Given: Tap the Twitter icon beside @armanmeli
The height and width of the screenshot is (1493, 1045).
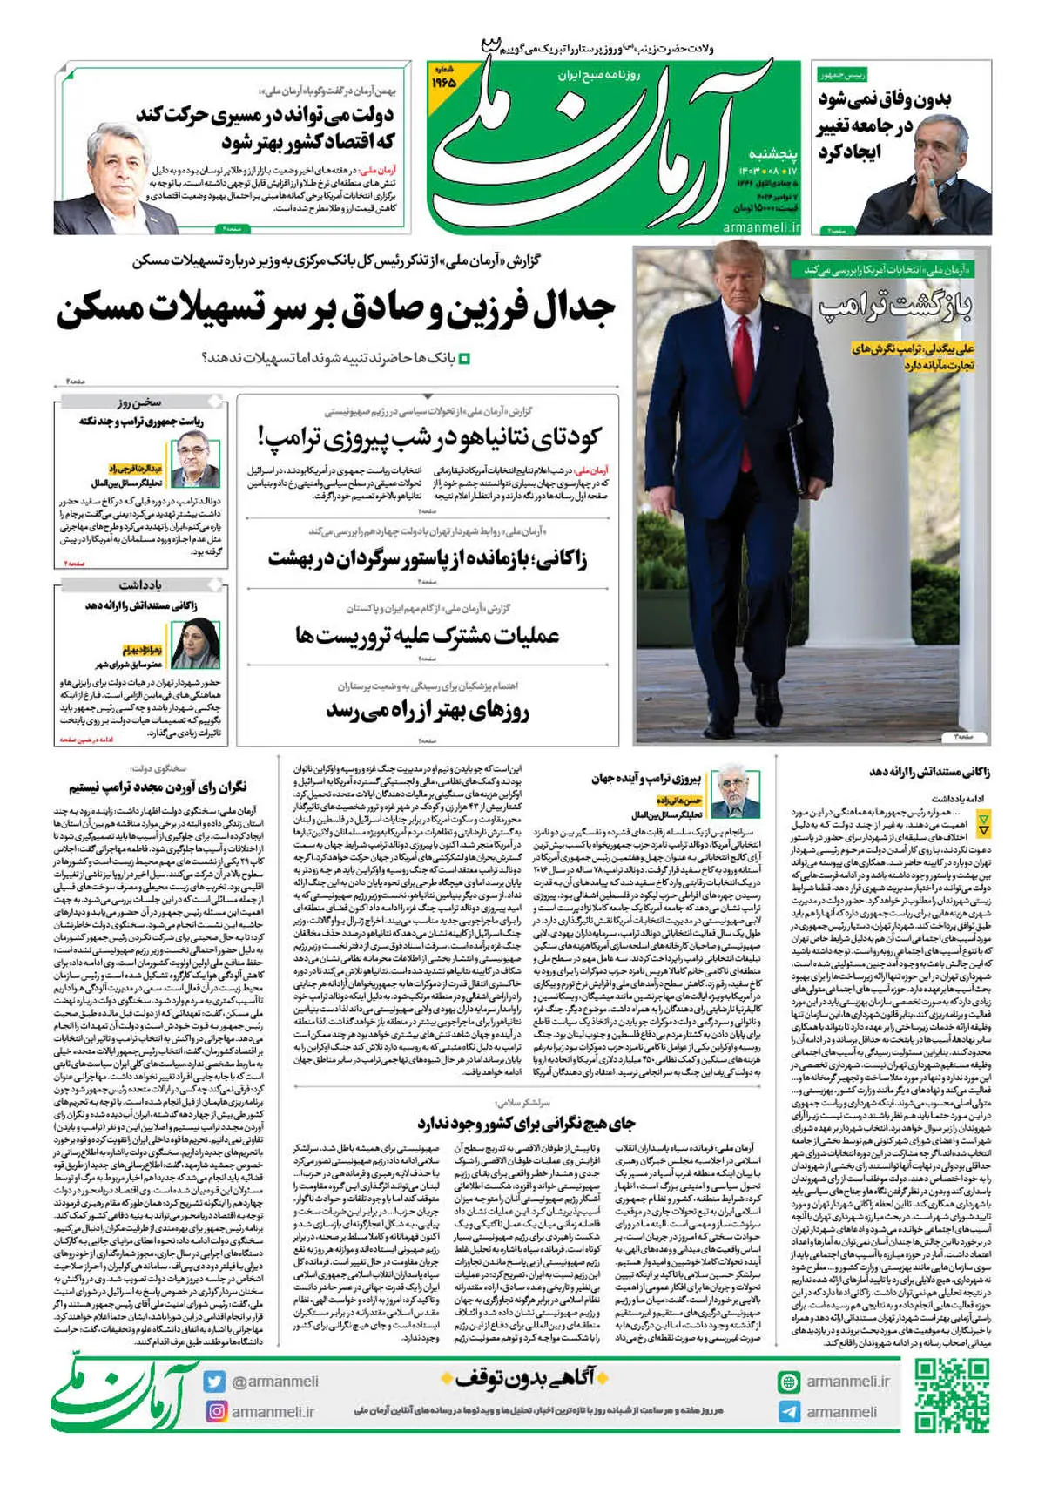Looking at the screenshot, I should click(x=214, y=1382).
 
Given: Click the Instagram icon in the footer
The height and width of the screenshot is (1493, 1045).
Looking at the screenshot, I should click(x=214, y=1411).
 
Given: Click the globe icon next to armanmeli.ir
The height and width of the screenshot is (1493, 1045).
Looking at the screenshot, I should click(x=789, y=1382).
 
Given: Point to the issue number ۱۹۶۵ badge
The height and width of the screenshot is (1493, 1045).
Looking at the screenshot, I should click(x=445, y=79).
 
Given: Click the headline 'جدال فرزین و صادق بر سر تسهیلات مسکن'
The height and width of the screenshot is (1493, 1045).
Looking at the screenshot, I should click(x=336, y=309).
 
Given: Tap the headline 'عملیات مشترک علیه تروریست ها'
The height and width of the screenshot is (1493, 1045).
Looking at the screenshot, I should click(x=427, y=635).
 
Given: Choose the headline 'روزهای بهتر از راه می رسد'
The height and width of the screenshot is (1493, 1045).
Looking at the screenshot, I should click(x=428, y=712).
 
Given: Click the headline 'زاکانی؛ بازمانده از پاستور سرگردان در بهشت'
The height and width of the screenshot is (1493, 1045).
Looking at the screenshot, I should click(x=427, y=558).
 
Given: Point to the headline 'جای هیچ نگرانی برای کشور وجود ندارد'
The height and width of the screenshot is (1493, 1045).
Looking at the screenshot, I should click(x=525, y=1123).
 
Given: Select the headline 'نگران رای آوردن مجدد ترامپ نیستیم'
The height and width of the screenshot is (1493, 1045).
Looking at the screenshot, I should click(x=158, y=787).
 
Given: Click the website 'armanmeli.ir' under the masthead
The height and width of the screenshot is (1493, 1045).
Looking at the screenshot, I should click(x=761, y=226).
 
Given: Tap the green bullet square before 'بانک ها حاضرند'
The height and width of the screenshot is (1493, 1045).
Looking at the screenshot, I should click(x=464, y=358).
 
